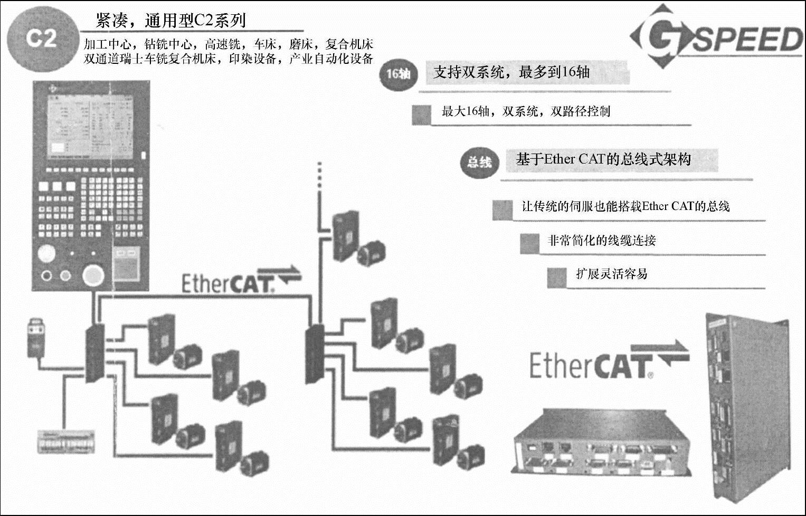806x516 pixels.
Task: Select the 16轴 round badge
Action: pos(399,73)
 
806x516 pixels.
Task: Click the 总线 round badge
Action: pos(479,161)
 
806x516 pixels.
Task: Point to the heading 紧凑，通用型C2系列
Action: pos(170,21)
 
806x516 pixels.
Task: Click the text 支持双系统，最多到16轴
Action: pos(511,72)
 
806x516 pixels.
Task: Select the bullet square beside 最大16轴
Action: pos(421,114)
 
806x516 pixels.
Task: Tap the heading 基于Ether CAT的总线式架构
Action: pos(603,159)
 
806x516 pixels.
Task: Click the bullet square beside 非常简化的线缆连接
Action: pos(529,243)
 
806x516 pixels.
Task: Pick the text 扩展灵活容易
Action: pos(611,274)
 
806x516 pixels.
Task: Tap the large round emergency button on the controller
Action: pos(93,275)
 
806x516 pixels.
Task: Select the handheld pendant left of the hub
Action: pos(36,336)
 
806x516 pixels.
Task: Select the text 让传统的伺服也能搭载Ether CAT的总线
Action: pos(625,206)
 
